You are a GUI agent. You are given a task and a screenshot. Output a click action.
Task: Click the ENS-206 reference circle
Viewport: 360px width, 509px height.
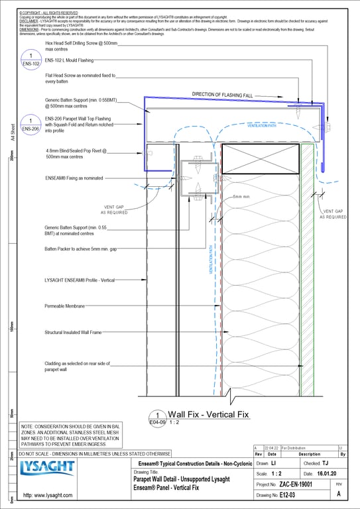pyautogui.click(x=30, y=125)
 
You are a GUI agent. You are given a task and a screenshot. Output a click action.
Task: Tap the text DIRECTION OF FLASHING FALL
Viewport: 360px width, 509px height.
pyautogui.click(x=231, y=94)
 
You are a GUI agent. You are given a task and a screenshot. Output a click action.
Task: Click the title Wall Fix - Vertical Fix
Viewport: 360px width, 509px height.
pyautogui.click(x=208, y=414)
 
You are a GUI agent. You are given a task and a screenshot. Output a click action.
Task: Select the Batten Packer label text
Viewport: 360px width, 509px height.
pyautogui.click(x=82, y=249)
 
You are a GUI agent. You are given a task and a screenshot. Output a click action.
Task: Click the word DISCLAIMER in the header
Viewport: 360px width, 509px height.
pyautogui.click(x=30, y=21)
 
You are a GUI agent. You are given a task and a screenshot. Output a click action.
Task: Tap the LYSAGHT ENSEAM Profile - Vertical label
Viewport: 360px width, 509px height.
pyautogui.click(x=80, y=280)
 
